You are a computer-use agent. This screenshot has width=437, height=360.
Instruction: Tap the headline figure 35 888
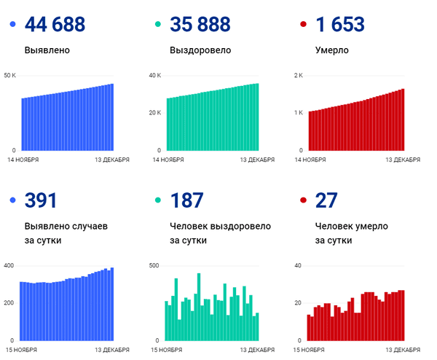(x=200, y=25)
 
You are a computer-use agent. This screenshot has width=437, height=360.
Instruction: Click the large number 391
(x=41, y=201)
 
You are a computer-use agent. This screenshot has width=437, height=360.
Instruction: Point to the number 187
(x=186, y=201)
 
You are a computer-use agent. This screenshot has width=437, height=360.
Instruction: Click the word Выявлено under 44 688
(x=48, y=51)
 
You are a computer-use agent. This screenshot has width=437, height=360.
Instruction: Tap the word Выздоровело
(x=200, y=51)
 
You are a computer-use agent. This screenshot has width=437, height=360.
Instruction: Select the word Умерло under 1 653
(x=332, y=51)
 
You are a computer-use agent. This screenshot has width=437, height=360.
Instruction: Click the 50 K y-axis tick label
(x=10, y=76)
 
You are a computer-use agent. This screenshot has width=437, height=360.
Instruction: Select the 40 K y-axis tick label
(x=155, y=76)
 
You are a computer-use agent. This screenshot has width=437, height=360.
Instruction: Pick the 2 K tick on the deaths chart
(x=299, y=76)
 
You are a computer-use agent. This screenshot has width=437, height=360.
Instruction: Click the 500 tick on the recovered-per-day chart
(x=154, y=265)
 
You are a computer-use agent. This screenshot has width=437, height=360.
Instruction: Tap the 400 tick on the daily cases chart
(x=9, y=265)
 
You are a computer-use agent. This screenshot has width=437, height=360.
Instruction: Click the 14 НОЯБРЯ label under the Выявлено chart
(x=23, y=159)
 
